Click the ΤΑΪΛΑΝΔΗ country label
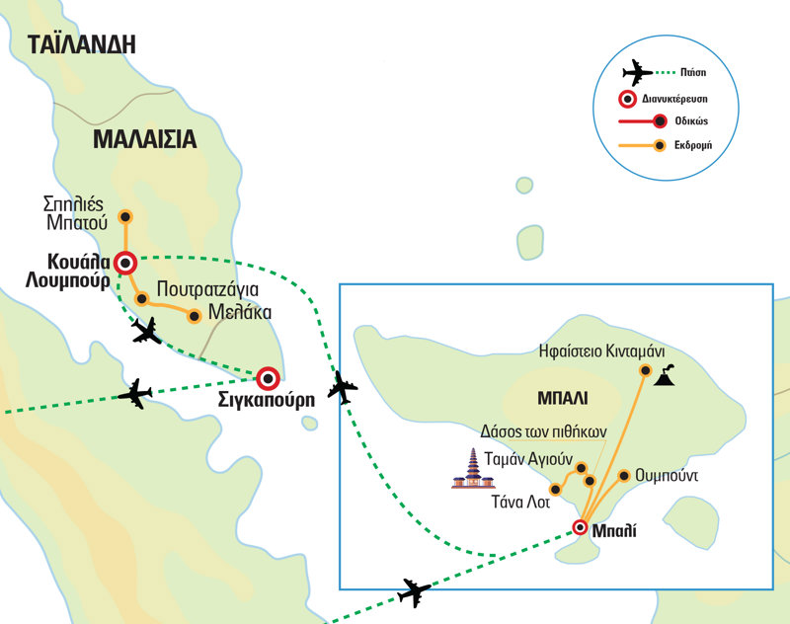pos(82,43)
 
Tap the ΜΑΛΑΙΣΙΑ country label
pos(144,139)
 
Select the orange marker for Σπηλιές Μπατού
pos(125,217)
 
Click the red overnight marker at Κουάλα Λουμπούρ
pos(125,263)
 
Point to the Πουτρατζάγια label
pos(207,289)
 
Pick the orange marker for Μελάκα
pos(194,316)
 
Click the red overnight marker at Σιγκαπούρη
pos(268,378)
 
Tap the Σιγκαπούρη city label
pos(267,400)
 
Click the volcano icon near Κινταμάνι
pos(665,375)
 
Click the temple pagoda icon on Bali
pos(473,468)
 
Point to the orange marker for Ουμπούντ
pos(624,476)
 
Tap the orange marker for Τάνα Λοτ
pos(555,490)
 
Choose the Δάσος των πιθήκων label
pos(543,431)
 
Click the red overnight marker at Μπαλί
pos(581,527)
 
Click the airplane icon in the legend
pos(637,73)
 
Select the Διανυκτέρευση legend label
pos(674,99)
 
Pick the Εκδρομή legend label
pos(693,145)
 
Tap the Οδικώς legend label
pos(691,121)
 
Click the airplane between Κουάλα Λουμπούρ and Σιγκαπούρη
pos(146,331)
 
